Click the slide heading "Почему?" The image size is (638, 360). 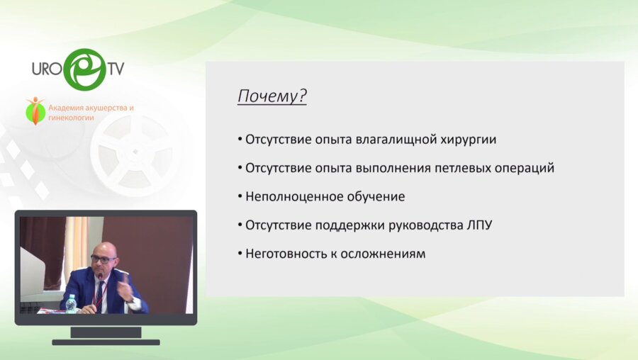(x=272, y=96)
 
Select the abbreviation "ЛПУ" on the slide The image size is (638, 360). (x=476, y=225)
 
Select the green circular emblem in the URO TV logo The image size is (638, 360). (x=84, y=69)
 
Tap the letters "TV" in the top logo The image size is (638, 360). (x=116, y=69)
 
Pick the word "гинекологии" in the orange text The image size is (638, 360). (x=71, y=118)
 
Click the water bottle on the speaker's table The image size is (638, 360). (x=71, y=303)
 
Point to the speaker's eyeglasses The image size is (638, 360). (x=103, y=259)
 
